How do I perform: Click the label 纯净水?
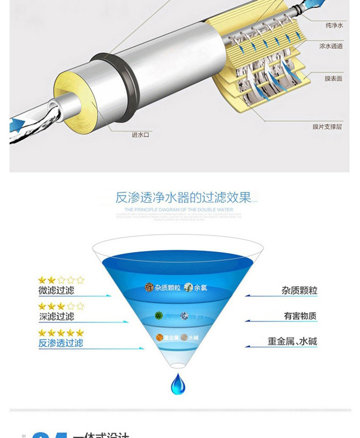[334, 26]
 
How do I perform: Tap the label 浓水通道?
[331, 46]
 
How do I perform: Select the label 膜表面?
[333, 79]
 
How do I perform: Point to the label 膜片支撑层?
[327, 127]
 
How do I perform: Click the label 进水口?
[140, 135]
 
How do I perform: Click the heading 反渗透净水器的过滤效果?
[184, 197]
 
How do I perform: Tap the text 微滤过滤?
[56, 291]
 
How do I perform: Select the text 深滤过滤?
[56, 317]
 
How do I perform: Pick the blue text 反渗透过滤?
[61, 343]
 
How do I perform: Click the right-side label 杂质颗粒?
[299, 291]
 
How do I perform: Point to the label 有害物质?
[300, 316]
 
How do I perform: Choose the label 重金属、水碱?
[292, 342]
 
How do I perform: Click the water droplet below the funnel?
[177, 384]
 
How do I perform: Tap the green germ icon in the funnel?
[160, 315]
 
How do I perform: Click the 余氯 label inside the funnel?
[200, 287]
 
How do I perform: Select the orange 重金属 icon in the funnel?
[160, 338]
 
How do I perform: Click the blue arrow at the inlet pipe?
[18, 123]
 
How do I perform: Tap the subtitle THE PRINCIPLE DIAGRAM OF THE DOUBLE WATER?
[179, 209]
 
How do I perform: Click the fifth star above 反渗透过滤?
[80, 333]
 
